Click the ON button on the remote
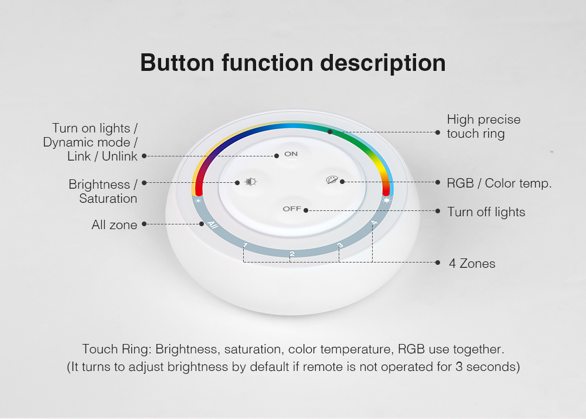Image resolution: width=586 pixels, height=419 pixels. tap(291, 154)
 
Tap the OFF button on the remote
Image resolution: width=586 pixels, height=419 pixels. tap(292, 209)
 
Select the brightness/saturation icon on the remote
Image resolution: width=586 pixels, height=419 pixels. tap(250, 182)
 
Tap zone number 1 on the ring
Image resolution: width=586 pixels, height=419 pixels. tap(245, 246)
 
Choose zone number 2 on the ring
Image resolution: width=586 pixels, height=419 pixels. tap(292, 254)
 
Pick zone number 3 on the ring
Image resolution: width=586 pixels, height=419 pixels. tap(340, 245)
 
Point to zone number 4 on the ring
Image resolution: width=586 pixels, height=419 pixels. tap(374, 223)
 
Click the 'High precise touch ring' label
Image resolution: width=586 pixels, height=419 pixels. tap(483, 127)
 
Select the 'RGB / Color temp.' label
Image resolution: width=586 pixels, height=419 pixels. tap(499, 183)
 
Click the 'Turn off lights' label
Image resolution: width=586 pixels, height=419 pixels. tap(486, 212)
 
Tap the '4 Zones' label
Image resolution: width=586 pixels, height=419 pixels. tap(472, 264)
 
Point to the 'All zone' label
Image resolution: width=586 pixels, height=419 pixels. tap(114, 224)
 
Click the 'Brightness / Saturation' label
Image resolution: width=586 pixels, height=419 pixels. tap(103, 192)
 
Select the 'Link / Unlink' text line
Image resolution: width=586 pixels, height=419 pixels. tap(103, 156)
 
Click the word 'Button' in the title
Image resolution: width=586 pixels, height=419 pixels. tap(177, 63)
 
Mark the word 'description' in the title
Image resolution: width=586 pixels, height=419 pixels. tap(383, 63)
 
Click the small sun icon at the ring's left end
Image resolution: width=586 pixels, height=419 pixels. tap(198, 201)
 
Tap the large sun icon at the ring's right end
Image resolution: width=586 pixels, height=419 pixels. tap(386, 200)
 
